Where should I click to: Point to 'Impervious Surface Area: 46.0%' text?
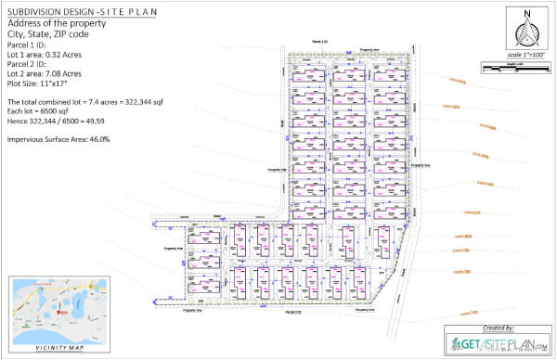[58, 139]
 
